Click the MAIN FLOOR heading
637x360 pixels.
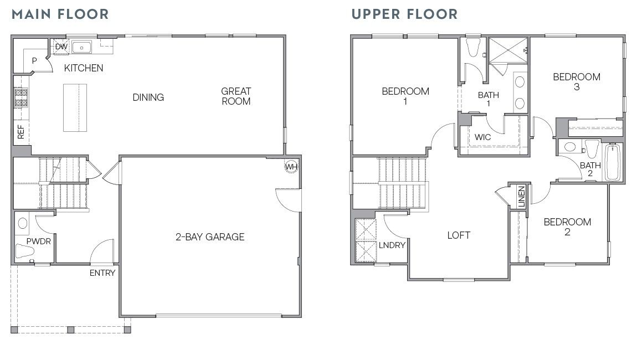point(60,14)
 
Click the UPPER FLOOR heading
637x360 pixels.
point(404,14)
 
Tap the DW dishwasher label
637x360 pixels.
point(61,47)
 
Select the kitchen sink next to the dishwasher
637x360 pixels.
point(81,47)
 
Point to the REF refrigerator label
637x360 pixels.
point(21,131)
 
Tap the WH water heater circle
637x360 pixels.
point(291,166)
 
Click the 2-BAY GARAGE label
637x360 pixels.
point(210,237)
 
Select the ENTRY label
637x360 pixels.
point(103,273)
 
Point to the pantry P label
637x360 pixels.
point(34,60)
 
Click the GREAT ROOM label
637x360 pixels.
point(236,96)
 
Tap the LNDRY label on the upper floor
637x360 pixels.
point(392,245)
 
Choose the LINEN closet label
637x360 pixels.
point(521,197)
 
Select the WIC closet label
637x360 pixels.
point(483,137)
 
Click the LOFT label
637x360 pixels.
point(459,235)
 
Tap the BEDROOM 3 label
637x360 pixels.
point(577,81)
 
